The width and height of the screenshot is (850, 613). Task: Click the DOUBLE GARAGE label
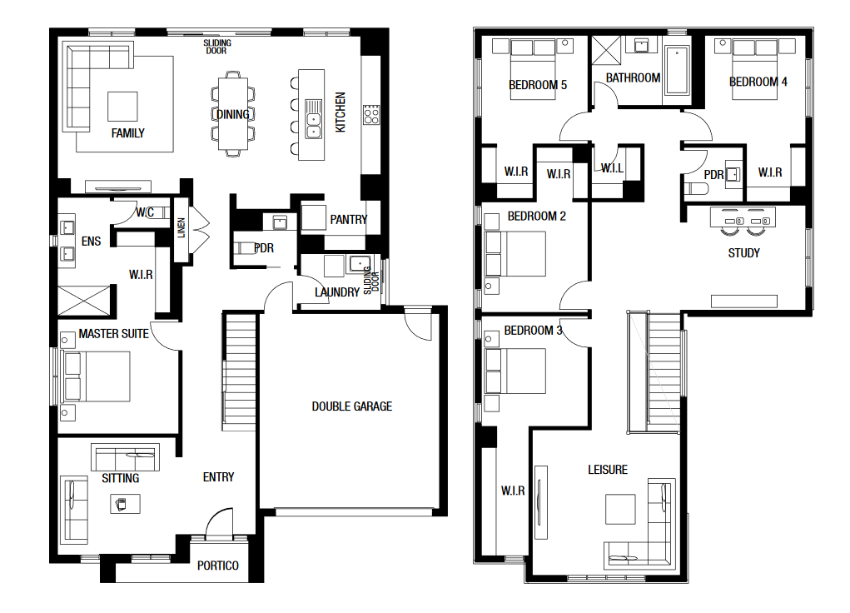352,406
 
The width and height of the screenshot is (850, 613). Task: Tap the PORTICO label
218,566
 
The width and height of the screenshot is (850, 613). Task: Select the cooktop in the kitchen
371,114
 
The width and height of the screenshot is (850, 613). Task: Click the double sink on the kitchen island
313,119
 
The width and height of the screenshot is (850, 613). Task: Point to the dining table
233,113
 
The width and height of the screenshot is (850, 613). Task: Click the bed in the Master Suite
97,376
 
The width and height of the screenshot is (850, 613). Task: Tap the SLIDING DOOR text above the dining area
216,47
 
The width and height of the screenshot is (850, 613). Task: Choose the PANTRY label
349,220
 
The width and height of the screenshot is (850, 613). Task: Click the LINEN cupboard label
181,228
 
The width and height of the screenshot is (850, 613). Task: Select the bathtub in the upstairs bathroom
677,71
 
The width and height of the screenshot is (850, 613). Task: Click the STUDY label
743,253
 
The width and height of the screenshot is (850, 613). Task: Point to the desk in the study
743,217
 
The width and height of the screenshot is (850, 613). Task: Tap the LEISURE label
608,470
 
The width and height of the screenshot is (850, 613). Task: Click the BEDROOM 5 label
538,85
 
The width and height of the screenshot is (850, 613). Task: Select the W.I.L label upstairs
612,169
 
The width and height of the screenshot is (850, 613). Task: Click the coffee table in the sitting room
125,504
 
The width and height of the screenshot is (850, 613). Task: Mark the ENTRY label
218,477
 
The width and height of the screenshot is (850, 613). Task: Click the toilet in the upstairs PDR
697,189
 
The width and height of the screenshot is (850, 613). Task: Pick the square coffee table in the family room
122,107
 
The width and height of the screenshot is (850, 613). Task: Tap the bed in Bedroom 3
515,371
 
